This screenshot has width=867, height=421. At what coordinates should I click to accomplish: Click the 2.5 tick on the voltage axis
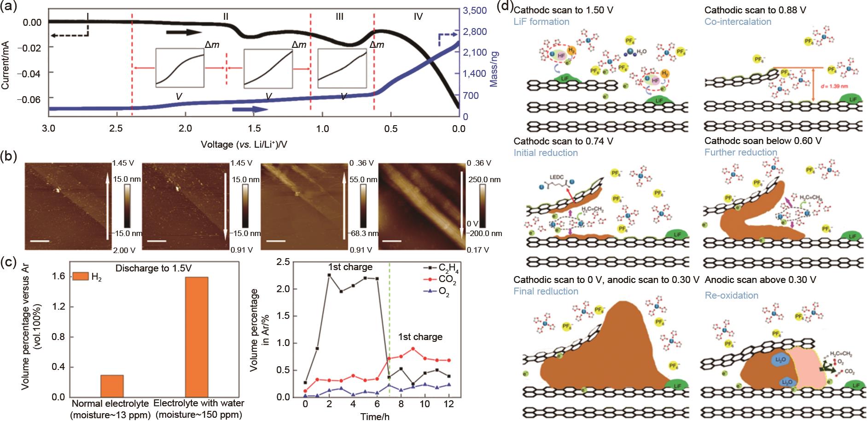point(116,128)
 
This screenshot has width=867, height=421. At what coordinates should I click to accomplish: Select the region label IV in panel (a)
point(418,17)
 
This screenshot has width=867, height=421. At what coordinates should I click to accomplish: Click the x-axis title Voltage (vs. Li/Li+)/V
point(244,144)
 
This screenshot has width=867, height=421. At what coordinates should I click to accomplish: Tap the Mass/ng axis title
point(494,69)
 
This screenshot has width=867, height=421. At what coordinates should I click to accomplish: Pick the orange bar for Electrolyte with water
point(197,337)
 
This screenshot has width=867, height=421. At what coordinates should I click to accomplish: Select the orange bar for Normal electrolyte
point(112,386)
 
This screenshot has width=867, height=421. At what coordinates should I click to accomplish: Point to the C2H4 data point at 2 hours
point(329,275)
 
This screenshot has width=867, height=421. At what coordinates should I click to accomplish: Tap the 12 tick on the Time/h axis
point(448,404)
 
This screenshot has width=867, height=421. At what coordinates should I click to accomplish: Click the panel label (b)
point(8,156)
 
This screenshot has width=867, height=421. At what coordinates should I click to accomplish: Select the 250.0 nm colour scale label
point(484,179)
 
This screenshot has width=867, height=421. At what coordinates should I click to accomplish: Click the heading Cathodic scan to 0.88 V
point(755,10)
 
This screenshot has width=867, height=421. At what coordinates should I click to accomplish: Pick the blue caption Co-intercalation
point(738,22)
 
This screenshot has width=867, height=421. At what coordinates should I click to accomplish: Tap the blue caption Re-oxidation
point(731,295)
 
